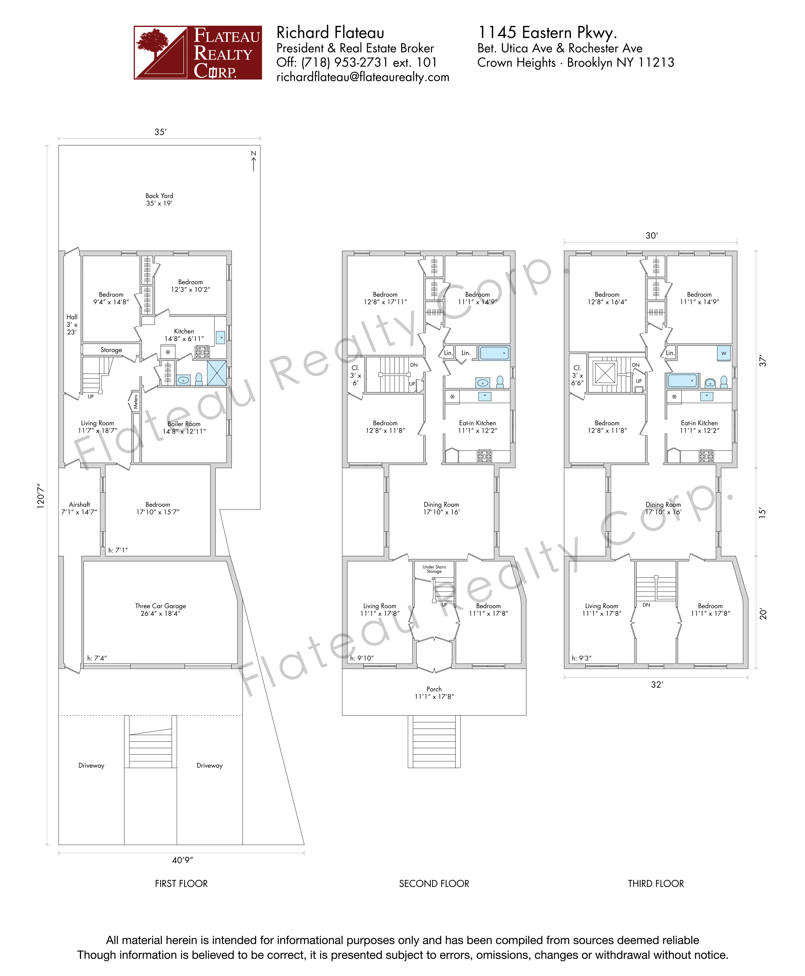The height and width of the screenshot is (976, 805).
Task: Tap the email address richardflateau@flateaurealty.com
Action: pyautogui.click(x=363, y=77)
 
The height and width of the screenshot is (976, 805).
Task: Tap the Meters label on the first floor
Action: pyautogui.click(x=135, y=401)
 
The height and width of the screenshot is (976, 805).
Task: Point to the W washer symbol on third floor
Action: pyautogui.click(x=723, y=353)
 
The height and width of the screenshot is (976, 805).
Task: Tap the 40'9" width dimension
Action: pyautogui.click(x=182, y=860)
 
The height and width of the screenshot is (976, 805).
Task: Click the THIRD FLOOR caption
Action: pyautogui.click(x=656, y=883)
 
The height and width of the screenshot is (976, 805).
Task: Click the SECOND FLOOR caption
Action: pyautogui.click(x=434, y=883)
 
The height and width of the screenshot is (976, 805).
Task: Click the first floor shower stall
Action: pyautogui.click(x=217, y=373)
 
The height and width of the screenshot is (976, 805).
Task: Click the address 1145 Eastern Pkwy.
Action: pyautogui.click(x=547, y=32)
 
